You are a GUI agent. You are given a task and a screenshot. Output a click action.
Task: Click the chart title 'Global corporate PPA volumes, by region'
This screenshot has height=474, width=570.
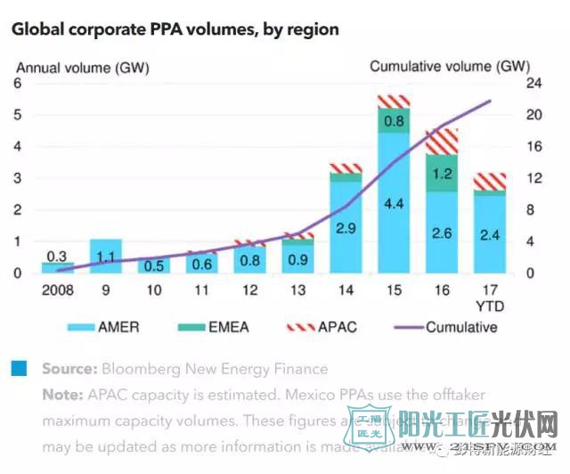coord(175,29)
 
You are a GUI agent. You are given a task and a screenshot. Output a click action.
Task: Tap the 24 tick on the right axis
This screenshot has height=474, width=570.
coord(533,84)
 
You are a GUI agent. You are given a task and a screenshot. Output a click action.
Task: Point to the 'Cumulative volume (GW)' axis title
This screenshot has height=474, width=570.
coord(449,66)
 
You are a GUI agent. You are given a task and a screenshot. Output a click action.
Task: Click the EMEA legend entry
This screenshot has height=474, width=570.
coord(216,327)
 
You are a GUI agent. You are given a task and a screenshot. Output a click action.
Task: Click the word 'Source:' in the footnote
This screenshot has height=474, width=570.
coord(69,369)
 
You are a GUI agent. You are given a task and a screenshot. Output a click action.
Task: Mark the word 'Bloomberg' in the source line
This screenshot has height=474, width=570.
coord(138,369)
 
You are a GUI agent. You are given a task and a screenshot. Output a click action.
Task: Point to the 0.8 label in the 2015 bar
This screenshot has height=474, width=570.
coord(393,120)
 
